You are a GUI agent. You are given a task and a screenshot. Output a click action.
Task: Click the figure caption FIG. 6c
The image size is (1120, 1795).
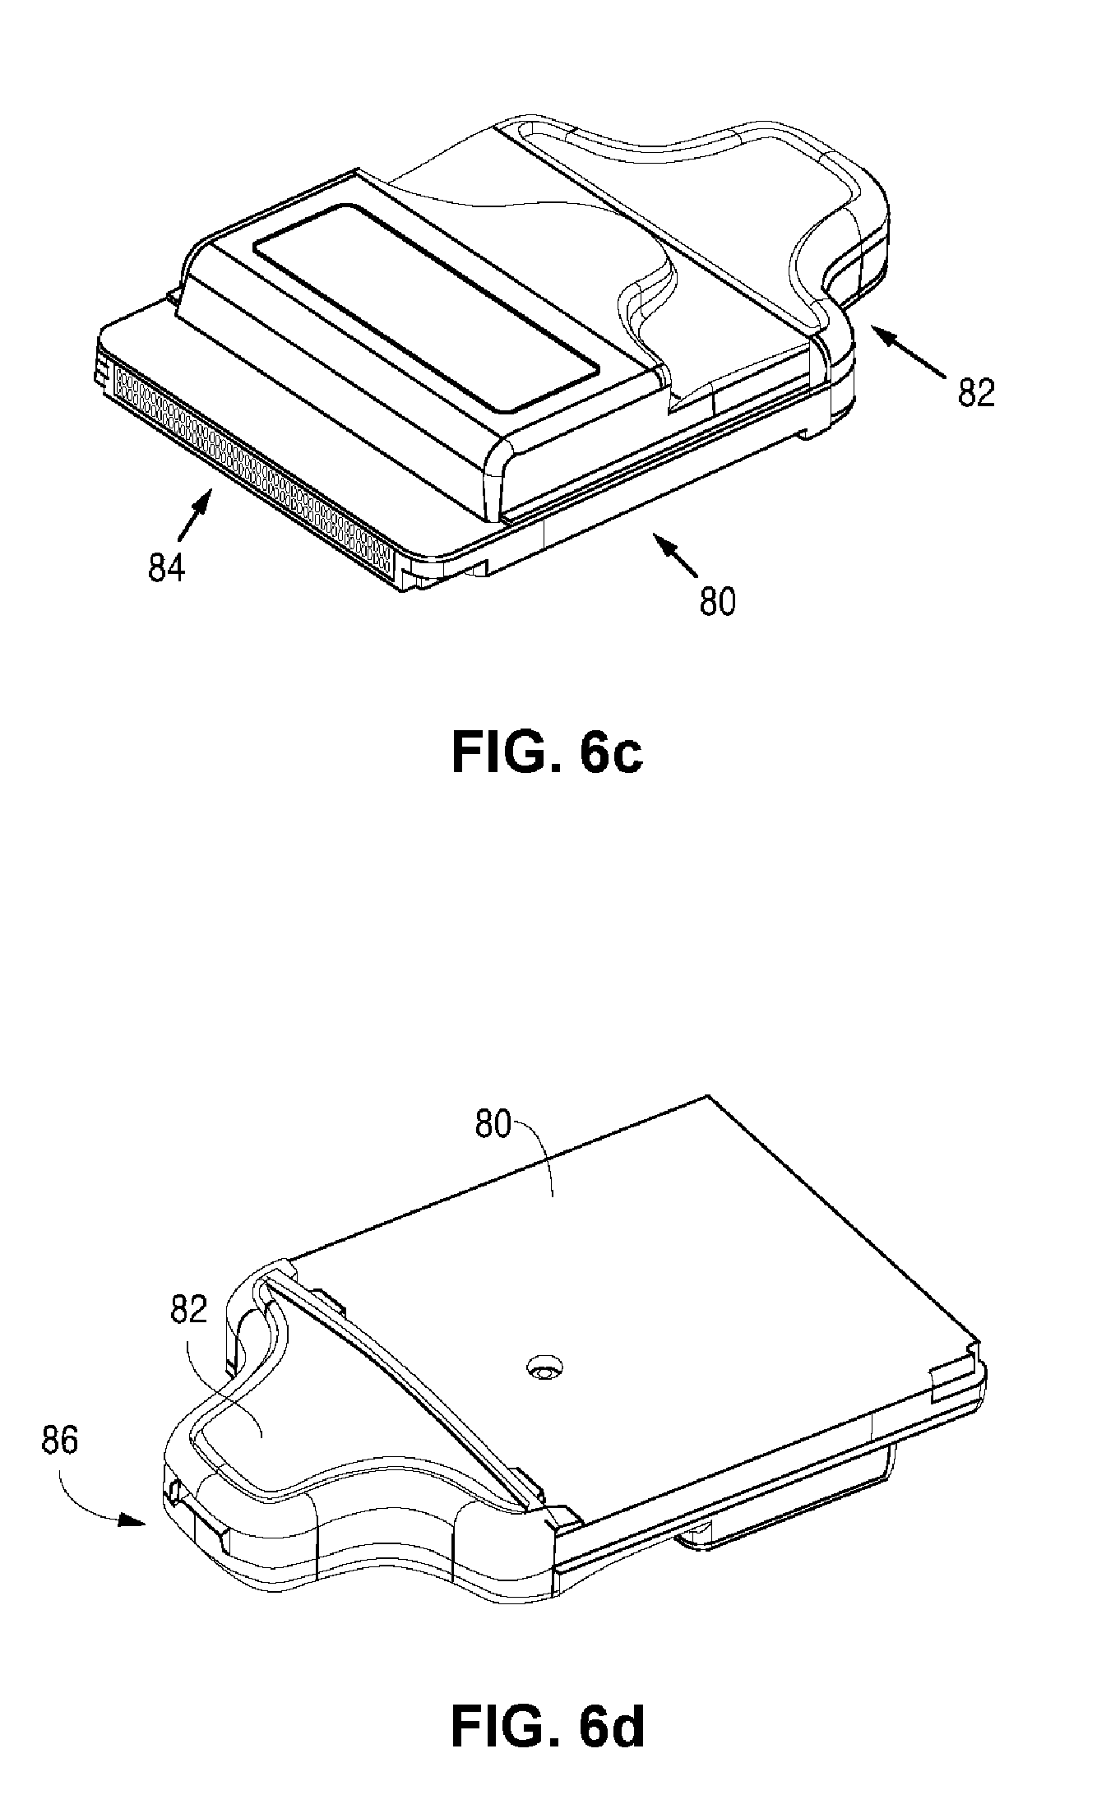click(x=547, y=753)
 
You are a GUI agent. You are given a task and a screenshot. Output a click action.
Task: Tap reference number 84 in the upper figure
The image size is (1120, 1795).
click(x=167, y=568)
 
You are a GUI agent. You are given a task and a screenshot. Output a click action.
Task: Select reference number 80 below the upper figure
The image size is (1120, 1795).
click(x=717, y=602)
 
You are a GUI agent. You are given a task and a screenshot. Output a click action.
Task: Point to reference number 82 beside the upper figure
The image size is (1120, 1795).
click(x=976, y=393)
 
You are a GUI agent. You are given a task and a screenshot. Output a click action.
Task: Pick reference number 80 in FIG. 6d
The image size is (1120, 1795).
click(x=493, y=1124)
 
